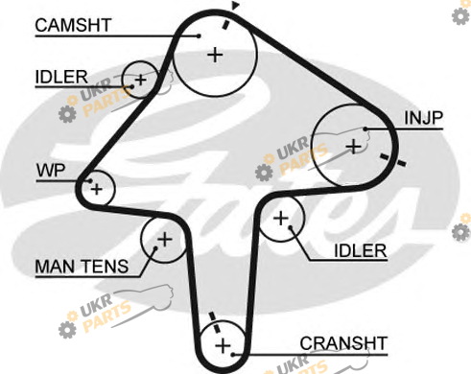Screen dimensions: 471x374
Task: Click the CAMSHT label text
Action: coord(73,25)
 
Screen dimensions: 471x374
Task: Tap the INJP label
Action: coord(423,118)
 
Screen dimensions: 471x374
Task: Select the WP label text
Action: coord(51,171)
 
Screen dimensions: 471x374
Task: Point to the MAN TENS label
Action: coord(82,266)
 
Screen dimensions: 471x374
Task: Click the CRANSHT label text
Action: coord(343,343)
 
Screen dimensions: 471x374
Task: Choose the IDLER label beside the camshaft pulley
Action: coord(61,77)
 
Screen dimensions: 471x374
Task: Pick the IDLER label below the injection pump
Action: coord(361,250)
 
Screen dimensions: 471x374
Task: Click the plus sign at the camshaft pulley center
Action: coord(215,55)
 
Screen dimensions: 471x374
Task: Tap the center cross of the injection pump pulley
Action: coord(354,147)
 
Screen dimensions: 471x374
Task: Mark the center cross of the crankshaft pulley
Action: coord(223,346)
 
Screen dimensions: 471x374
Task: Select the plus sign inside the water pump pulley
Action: coord(96,189)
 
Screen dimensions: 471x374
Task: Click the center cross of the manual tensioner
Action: coord(165,239)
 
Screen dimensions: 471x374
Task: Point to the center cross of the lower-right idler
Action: coord(281,219)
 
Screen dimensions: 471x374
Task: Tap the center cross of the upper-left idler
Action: coord(140,80)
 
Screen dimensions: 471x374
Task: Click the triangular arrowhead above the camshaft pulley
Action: coord(236,5)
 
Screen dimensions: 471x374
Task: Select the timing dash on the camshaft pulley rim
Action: coord(226,24)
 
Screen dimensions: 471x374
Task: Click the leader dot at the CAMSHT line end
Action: coord(199,36)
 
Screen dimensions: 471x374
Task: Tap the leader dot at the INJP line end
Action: coord(365,129)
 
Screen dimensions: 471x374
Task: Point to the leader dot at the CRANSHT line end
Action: coord(233,355)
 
